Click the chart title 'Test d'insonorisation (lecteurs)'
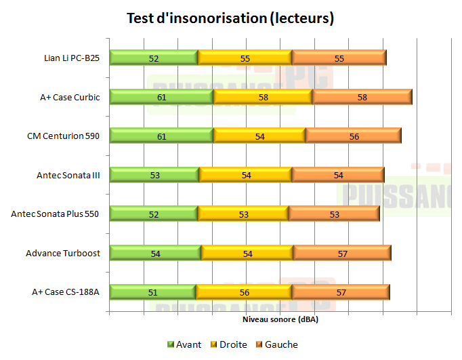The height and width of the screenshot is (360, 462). (230, 18)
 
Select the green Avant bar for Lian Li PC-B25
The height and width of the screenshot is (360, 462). (154, 58)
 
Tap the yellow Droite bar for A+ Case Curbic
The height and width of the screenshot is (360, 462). (263, 97)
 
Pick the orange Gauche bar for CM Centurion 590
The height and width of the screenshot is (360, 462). (354, 136)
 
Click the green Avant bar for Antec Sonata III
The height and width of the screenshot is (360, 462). (154, 176)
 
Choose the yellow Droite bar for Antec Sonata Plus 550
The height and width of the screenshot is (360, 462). (243, 214)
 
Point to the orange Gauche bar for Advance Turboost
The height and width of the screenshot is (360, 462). (342, 254)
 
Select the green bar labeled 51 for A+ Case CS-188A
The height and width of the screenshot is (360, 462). (152, 292)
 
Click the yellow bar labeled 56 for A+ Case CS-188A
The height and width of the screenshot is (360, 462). (244, 292)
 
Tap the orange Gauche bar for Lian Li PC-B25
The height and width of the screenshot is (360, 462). (339, 58)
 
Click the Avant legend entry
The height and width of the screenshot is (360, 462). (184, 344)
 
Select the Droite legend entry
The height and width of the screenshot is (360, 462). (228, 344)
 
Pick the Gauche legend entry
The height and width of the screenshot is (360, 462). (276, 344)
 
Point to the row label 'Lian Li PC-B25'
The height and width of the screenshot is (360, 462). (71, 58)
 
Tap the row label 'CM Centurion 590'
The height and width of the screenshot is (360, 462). (64, 136)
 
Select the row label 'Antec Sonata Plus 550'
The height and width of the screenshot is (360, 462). (56, 214)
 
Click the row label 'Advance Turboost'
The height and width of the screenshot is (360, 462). (63, 254)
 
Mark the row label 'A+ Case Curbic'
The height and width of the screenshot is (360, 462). (70, 97)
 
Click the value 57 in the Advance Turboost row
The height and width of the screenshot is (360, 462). (342, 254)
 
